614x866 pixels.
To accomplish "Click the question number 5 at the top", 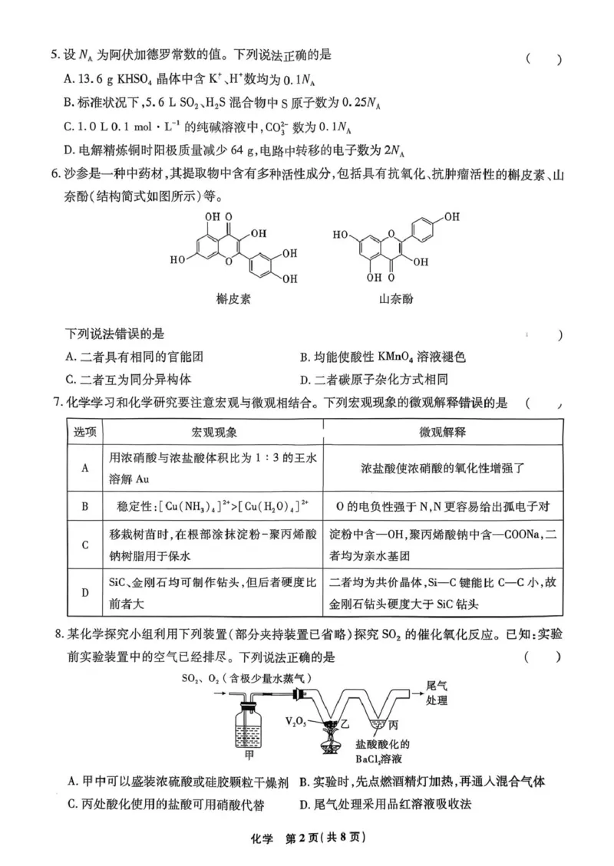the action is click(x=54, y=54).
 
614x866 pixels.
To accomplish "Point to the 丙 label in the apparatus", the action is click(x=392, y=724).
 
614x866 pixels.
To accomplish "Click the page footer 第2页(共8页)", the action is click(x=323, y=838).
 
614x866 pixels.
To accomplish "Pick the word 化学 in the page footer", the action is click(x=259, y=838).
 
